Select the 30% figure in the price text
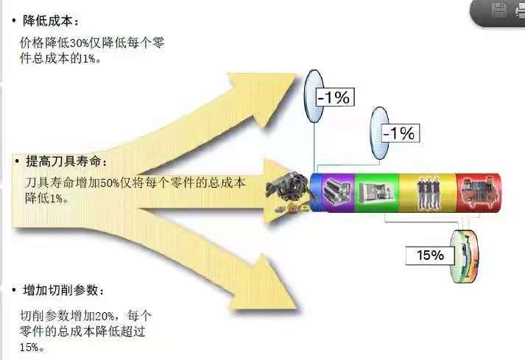click(x=79, y=43)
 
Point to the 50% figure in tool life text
click(x=110, y=183)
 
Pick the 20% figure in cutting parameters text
click(x=105, y=316)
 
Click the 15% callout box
click(x=430, y=255)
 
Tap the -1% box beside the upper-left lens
click(x=334, y=97)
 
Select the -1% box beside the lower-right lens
click(x=400, y=133)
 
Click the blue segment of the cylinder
click(x=315, y=193)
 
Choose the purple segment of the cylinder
click(x=337, y=193)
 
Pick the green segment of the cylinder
click(x=377, y=193)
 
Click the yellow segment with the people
click(x=428, y=193)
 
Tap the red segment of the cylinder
click(x=479, y=193)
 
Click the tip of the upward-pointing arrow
click(x=297, y=75)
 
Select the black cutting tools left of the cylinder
click(x=288, y=191)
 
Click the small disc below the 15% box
click(x=465, y=256)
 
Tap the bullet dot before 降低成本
click(x=14, y=21)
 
